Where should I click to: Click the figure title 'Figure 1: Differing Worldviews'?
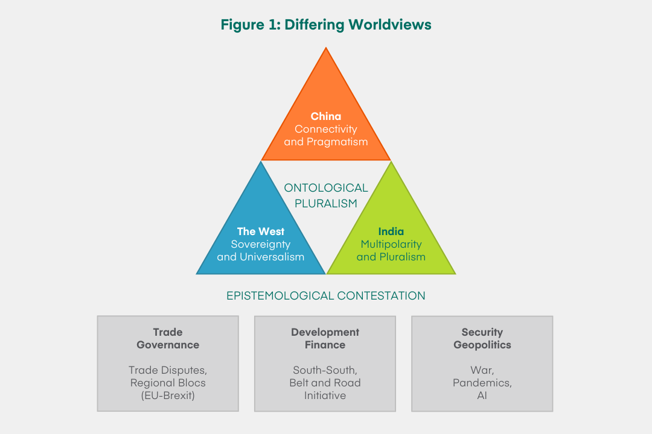[x=326, y=25]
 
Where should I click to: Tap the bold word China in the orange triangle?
[x=326, y=116]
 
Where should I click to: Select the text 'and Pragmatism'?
[x=326, y=142]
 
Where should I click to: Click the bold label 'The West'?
[x=261, y=231]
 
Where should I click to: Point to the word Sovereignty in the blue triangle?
[x=261, y=245]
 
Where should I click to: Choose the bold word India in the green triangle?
[x=391, y=231]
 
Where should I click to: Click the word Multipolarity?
[x=391, y=245]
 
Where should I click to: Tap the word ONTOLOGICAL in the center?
[x=326, y=188]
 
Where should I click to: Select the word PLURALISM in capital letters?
[x=326, y=204]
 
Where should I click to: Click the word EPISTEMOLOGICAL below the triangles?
[x=281, y=296]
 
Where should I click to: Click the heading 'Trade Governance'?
[x=168, y=339]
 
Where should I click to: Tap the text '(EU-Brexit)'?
[x=168, y=396]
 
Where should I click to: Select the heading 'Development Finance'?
[x=325, y=339]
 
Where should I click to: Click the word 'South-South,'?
[x=325, y=370]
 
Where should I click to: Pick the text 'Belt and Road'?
[x=325, y=383]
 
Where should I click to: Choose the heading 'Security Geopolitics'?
[x=482, y=339]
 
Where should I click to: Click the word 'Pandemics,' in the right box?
[x=482, y=383]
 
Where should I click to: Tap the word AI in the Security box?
[x=482, y=396]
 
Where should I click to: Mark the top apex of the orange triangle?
[x=326, y=49]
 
